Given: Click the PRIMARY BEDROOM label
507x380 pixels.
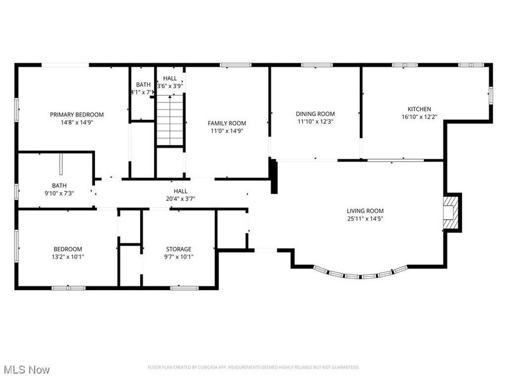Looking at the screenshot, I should point(77,115).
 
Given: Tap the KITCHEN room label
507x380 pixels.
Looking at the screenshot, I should point(420,109).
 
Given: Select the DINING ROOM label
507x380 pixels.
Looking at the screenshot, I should point(315,114).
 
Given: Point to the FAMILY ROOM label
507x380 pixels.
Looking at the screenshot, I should point(227,123).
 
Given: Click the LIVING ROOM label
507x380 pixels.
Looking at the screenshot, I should point(365,211).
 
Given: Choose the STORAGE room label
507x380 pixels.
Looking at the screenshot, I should point(179,249).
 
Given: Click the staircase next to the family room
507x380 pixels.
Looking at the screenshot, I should point(170,120).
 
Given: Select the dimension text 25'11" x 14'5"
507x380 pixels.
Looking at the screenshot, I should point(365,219).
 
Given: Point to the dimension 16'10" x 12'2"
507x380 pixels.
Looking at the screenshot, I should point(420,117).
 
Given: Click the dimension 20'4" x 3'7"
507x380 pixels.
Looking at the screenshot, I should point(181,199).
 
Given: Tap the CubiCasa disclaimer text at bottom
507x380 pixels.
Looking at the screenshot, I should point(253,367).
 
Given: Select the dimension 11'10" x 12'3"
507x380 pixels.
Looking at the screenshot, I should point(315,122).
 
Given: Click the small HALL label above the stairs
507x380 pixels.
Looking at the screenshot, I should point(170,78).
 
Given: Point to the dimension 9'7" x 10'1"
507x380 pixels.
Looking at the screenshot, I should point(179,257).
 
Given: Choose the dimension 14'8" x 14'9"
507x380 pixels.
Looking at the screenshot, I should point(77,123).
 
